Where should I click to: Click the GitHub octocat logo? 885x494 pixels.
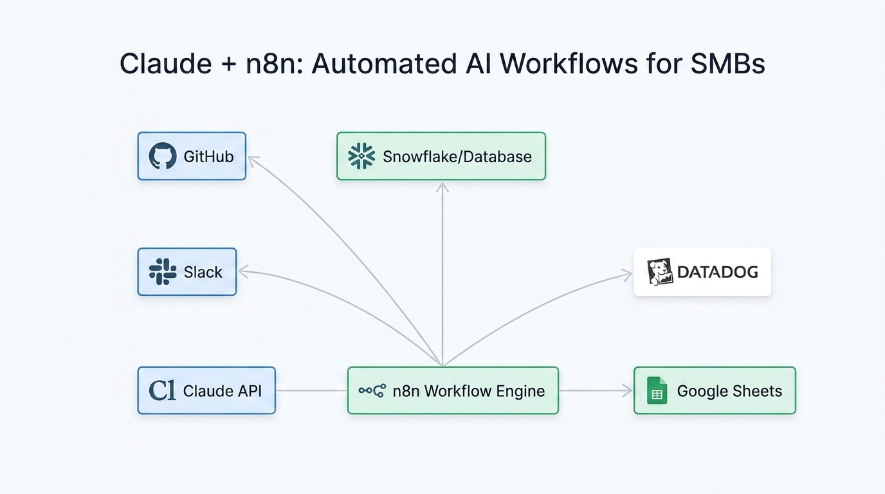pos(163,156)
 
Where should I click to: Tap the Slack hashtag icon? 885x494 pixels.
pos(163,271)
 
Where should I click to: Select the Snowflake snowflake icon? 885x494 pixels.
pos(361,156)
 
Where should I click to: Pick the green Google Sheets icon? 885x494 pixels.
pos(657,391)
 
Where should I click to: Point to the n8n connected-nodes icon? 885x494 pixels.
pos(372,390)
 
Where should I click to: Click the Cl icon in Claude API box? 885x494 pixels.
pos(162,390)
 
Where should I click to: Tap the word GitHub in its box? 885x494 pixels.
pos(208,156)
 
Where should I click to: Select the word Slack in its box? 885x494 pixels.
pos(203,272)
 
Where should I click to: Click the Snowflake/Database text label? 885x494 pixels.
pos(457,156)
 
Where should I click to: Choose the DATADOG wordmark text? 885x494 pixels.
pos(717,271)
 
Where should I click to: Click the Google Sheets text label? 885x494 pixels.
pos(729,391)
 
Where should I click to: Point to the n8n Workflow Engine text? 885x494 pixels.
pos(468,391)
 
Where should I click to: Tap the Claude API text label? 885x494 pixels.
pos(222,391)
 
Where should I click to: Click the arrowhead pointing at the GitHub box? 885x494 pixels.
pos(253,161)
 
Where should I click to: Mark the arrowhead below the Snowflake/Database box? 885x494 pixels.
pos(442,187)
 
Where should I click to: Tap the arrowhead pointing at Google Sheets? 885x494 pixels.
pos(626,390)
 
